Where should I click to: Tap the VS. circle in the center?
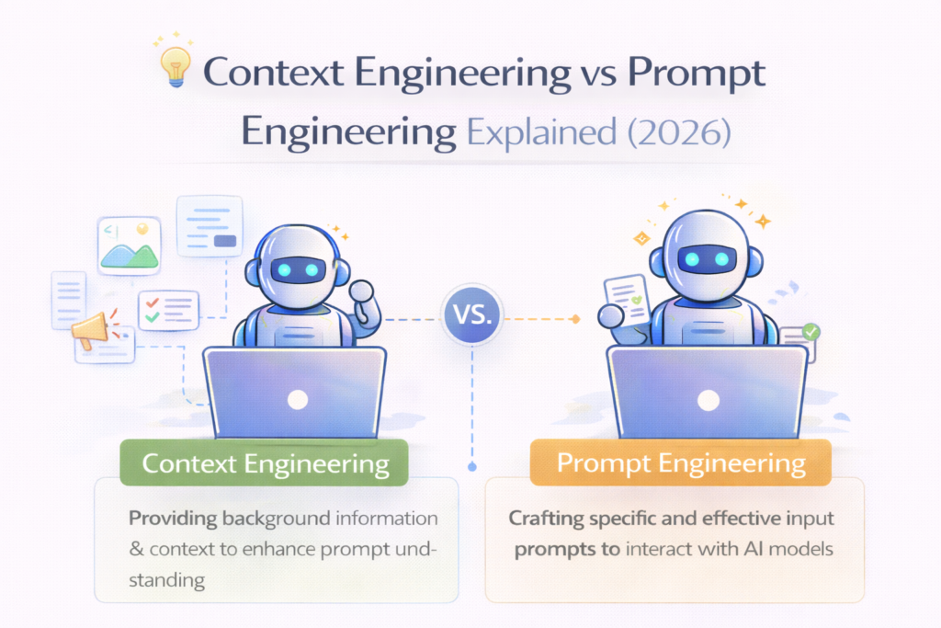point(470,316)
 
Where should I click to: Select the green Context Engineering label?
point(266,463)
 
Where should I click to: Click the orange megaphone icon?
point(89,329)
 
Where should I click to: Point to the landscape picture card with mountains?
point(130,245)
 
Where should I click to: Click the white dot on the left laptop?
point(296,399)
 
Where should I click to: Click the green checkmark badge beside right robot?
point(811,332)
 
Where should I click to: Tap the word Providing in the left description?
point(173,518)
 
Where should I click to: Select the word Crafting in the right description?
point(546,518)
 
